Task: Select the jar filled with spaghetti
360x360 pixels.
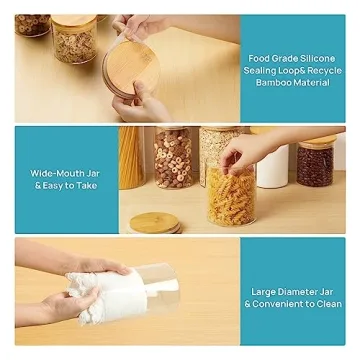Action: coord(131,158)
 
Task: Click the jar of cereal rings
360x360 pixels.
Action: coord(173,158)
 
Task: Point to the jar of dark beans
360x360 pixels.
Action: coord(315,162)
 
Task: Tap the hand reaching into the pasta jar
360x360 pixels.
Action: coord(245,151)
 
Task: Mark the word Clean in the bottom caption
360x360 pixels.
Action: coord(333,305)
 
